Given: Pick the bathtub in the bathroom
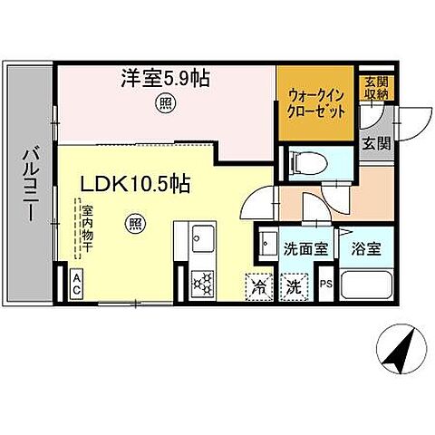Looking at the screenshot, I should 365,288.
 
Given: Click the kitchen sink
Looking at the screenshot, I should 200,242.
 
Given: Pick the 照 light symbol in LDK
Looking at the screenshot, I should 135,223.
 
